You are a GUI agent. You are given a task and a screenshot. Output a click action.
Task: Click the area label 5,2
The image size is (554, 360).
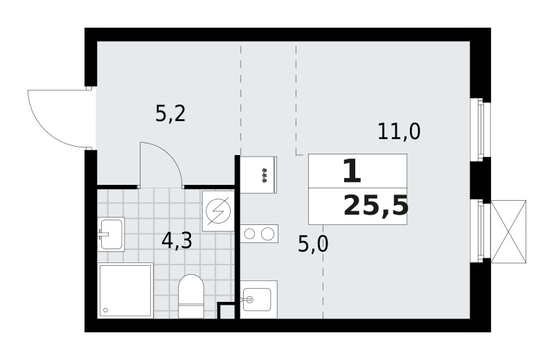(x=170, y=114)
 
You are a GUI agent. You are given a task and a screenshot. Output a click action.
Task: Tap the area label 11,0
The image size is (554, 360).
(x=399, y=132)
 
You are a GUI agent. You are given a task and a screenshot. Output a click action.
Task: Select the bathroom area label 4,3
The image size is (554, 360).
(x=177, y=241)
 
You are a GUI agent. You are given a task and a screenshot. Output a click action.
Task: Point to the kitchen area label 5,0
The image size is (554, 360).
(x=313, y=244)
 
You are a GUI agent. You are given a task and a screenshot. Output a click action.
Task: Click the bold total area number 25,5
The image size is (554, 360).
(x=376, y=206)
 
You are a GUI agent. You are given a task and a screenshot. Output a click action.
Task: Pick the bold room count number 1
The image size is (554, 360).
(x=352, y=171)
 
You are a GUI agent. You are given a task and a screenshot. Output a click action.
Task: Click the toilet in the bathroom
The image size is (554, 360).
(x=191, y=296)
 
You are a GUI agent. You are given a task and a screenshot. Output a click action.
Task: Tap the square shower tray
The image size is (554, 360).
(x=125, y=291)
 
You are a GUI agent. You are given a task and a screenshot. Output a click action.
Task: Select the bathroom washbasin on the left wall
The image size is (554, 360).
(x=111, y=234)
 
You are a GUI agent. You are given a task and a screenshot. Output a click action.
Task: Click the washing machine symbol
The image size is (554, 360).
(x=218, y=211)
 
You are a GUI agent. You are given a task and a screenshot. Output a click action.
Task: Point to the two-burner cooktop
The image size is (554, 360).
(x=259, y=233)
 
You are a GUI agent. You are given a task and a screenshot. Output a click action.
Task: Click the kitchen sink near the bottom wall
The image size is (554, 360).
(x=258, y=300)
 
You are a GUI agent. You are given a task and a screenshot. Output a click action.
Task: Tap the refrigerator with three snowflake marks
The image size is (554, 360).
(x=258, y=175)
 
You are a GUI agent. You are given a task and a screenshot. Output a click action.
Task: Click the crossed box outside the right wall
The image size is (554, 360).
(x=509, y=232)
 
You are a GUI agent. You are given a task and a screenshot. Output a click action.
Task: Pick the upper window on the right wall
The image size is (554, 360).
(x=480, y=129)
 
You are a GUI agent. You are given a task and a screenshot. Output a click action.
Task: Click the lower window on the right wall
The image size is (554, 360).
(x=480, y=231)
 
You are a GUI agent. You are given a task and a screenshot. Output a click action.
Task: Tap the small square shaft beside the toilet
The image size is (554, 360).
(x=226, y=311)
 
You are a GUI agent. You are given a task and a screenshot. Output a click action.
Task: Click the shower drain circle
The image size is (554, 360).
(x=105, y=310)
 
